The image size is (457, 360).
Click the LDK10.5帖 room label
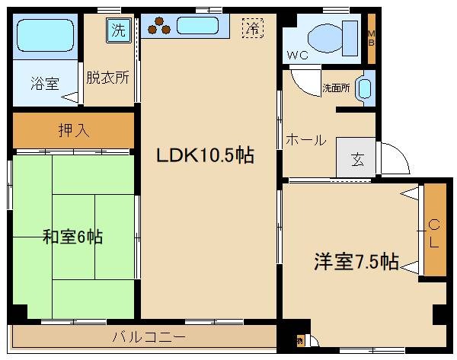pos(205,156)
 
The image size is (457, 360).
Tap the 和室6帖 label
pos(72,237)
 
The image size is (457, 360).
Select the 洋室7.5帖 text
pos(356,263)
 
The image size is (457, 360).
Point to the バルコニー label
pos(149,336)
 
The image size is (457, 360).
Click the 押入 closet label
pos(75,129)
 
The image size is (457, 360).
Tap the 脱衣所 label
pos(107,77)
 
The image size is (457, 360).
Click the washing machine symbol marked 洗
pos(118,30)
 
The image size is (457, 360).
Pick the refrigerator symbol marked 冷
pos(251,30)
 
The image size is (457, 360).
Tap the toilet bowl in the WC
pos(326,34)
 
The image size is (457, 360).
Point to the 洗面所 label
pos(335,88)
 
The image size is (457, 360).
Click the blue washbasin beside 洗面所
pos(365,88)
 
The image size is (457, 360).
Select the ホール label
pos(305,141)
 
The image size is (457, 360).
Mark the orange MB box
pos(372,37)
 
